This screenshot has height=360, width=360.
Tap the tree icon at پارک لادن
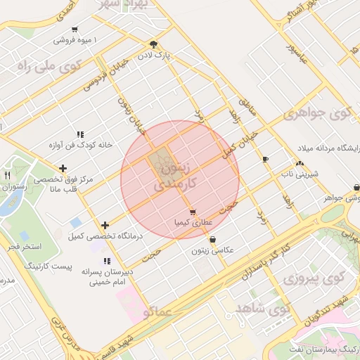pos(154,43)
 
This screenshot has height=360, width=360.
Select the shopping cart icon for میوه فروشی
pos(75,30)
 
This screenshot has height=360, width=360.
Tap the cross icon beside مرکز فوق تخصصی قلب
pos(63,168)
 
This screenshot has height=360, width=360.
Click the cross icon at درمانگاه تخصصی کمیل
pos(105,225)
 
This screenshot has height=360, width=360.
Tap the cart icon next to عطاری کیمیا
pos(192,212)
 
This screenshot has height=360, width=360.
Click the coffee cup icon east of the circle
pos(264,160)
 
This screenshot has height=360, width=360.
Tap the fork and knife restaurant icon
pos(7,175)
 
